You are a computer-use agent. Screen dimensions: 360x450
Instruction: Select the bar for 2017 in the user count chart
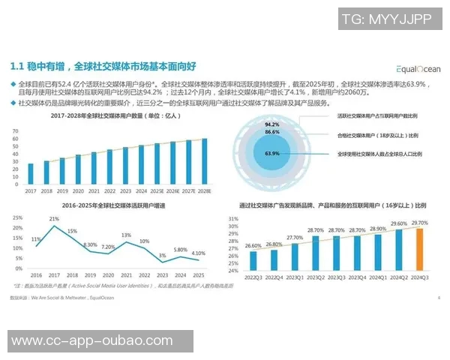(31, 175)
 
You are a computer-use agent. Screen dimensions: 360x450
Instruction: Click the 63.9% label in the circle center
(272, 153)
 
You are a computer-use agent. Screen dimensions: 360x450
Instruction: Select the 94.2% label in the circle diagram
(272, 124)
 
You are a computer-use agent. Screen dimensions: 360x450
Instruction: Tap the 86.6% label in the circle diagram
(272, 132)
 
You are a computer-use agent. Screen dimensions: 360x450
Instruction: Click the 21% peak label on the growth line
(54, 218)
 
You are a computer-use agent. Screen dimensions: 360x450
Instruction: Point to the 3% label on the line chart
(162, 256)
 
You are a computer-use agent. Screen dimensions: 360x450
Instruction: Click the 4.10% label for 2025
(198, 253)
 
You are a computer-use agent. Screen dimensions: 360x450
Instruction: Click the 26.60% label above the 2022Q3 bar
(253, 245)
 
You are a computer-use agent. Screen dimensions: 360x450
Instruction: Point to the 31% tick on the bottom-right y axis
(233, 219)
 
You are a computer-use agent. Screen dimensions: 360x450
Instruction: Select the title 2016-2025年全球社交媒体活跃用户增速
(107, 204)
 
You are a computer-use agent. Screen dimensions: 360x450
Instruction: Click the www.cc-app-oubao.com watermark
(91, 341)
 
